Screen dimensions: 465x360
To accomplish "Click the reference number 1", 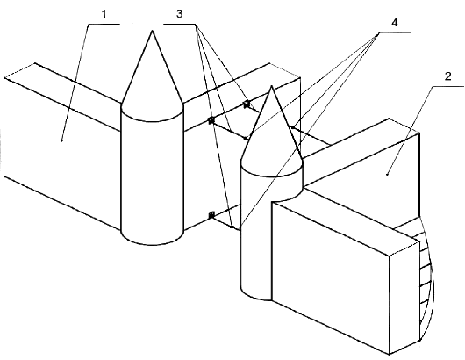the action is tap(104, 15).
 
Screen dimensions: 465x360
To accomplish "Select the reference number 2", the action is tap(447, 76).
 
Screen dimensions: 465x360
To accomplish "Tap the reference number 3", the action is tap(179, 14).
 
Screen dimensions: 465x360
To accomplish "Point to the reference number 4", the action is tap(395, 23).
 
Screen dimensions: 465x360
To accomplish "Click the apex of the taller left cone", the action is tap(152, 31).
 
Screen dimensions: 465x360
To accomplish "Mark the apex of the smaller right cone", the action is tap(271, 86).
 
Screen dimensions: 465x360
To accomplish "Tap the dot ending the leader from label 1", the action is tap(61, 140).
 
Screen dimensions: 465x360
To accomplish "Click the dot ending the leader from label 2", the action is tap(387, 175).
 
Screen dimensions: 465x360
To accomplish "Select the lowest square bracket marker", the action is tap(211, 215).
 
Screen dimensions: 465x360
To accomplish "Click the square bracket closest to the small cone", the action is tap(246, 104).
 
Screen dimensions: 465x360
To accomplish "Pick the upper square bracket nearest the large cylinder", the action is tap(211, 120).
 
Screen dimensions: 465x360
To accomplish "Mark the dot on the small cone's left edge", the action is tap(246, 139).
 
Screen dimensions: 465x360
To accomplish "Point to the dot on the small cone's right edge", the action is tap(292, 127).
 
